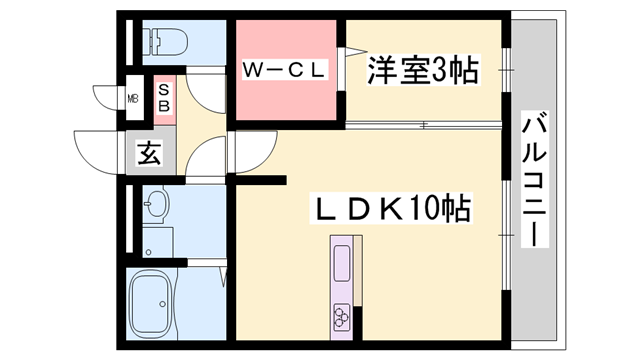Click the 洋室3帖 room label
click(x=420, y=70)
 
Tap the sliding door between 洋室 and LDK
click(x=420, y=126)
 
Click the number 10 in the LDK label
click(x=424, y=209)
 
